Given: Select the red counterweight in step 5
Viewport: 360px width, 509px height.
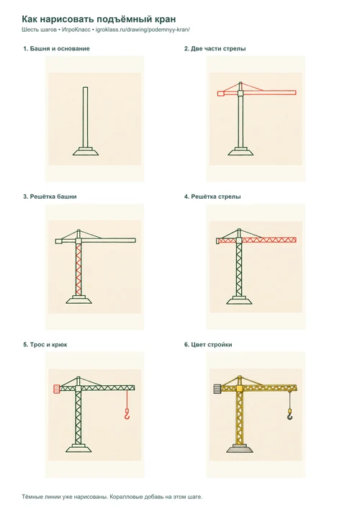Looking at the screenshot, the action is (57, 389).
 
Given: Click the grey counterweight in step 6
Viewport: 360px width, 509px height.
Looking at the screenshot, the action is (218, 389).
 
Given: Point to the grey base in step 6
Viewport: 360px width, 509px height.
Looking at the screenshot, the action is (239, 449).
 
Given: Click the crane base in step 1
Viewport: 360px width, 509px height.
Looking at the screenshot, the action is (86, 151).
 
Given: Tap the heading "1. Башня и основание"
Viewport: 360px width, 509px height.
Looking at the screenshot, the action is (56, 49).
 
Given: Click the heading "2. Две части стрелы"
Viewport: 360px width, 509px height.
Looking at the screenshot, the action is (215, 49).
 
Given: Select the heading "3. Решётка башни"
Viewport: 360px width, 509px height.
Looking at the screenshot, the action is (50, 197).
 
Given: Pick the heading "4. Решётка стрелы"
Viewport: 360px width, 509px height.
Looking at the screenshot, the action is (212, 197).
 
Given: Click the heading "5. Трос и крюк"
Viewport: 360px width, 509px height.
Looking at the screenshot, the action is (45, 344).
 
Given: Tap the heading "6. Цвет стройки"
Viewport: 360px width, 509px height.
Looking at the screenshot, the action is (208, 344).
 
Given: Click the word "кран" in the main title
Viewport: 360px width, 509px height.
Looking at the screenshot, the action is (165, 19).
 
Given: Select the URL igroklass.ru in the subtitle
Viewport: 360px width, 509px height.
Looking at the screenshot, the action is (143, 30).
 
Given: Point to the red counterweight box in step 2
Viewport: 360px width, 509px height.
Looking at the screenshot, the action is (221, 94).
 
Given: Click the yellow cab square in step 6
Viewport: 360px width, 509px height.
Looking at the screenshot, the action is (240, 389).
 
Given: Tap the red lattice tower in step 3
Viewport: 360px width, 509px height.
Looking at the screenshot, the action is (78, 269).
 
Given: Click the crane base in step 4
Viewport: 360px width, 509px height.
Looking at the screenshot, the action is (239, 300).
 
